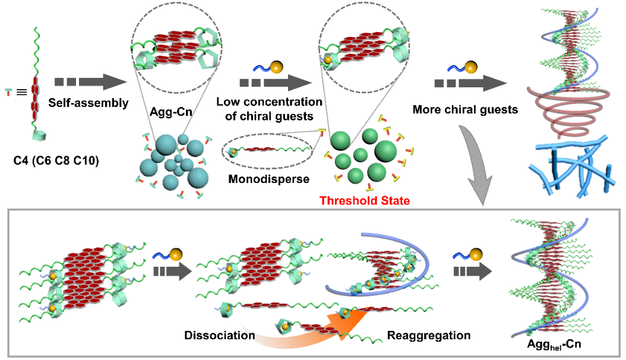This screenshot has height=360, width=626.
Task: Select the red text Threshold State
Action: coord(365,201)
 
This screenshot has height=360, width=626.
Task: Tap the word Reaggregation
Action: coord(429,336)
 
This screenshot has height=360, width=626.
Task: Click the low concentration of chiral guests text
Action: coord(270,109)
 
